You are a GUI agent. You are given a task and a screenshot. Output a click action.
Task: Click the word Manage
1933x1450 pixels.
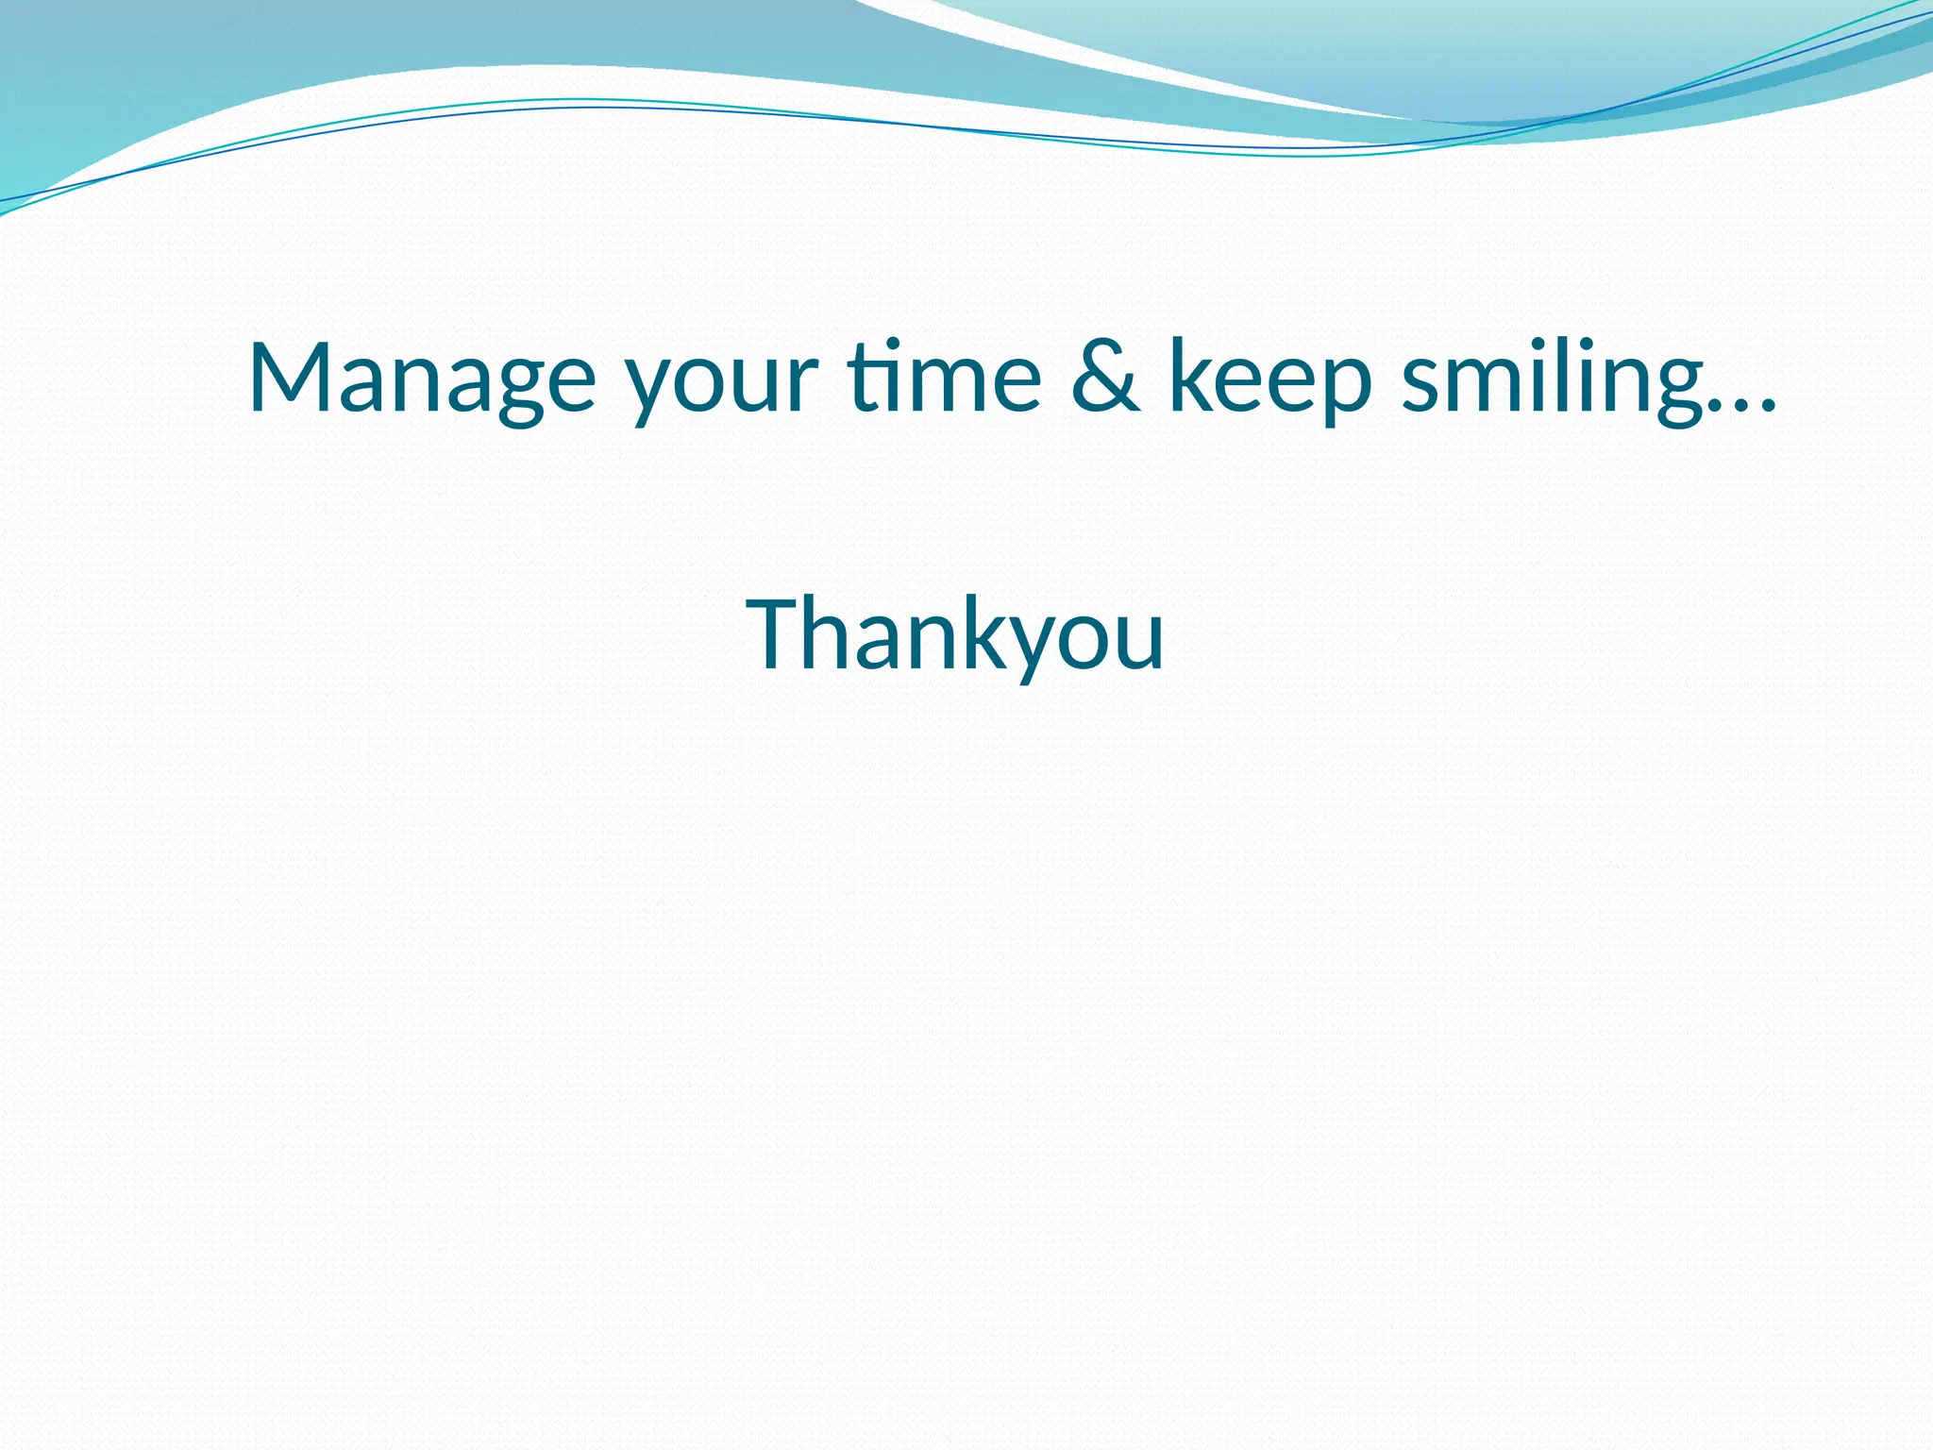tap(422, 378)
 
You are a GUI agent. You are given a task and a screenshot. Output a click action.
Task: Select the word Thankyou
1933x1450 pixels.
tap(955, 636)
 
